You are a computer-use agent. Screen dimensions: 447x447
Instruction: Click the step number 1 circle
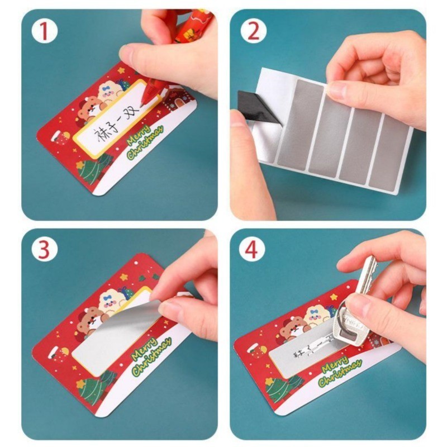pyautogui.click(x=45, y=32)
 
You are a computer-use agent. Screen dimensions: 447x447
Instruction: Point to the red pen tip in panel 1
pyautogui.click(x=145, y=102)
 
